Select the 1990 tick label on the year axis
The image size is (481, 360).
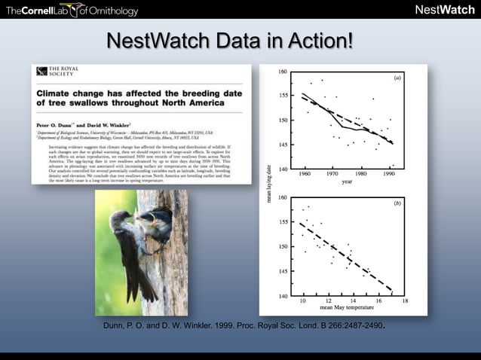[x=390, y=173]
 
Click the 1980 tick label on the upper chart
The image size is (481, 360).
[x=361, y=173]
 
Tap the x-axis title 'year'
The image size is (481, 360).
[x=347, y=181]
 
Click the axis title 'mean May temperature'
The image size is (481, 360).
[x=349, y=307]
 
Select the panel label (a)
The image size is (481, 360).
[x=397, y=77]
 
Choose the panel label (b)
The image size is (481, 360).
[x=397, y=203]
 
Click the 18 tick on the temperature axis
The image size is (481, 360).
[x=405, y=301]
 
